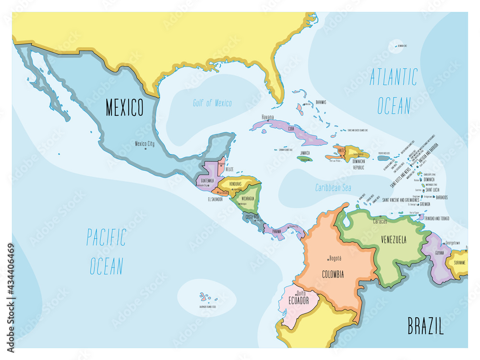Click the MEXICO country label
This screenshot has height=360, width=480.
pyautogui.click(x=125, y=108)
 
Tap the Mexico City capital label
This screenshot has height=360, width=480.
pyautogui.click(x=144, y=143)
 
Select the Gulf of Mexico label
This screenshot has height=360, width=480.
pyautogui.click(x=212, y=103)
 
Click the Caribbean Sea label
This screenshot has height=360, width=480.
pyautogui.click(x=333, y=188)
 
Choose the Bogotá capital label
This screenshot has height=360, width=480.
pyautogui.click(x=335, y=258)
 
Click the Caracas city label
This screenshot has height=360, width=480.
pyautogui.click(x=380, y=222)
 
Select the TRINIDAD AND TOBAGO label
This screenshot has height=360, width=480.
pyautogui.click(x=436, y=218)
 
